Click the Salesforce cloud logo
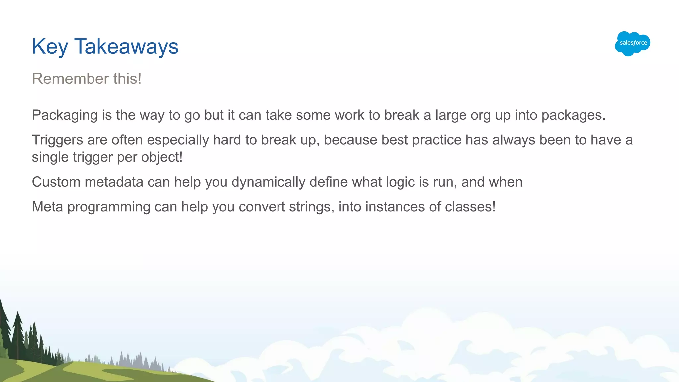[x=633, y=43]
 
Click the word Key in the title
[x=50, y=47]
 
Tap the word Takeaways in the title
[x=126, y=47]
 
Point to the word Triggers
[x=57, y=140]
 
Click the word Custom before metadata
[x=56, y=182]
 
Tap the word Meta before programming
[x=47, y=207]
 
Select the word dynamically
[x=269, y=182]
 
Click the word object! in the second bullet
[x=162, y=157]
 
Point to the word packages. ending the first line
[x=574, y=115]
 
